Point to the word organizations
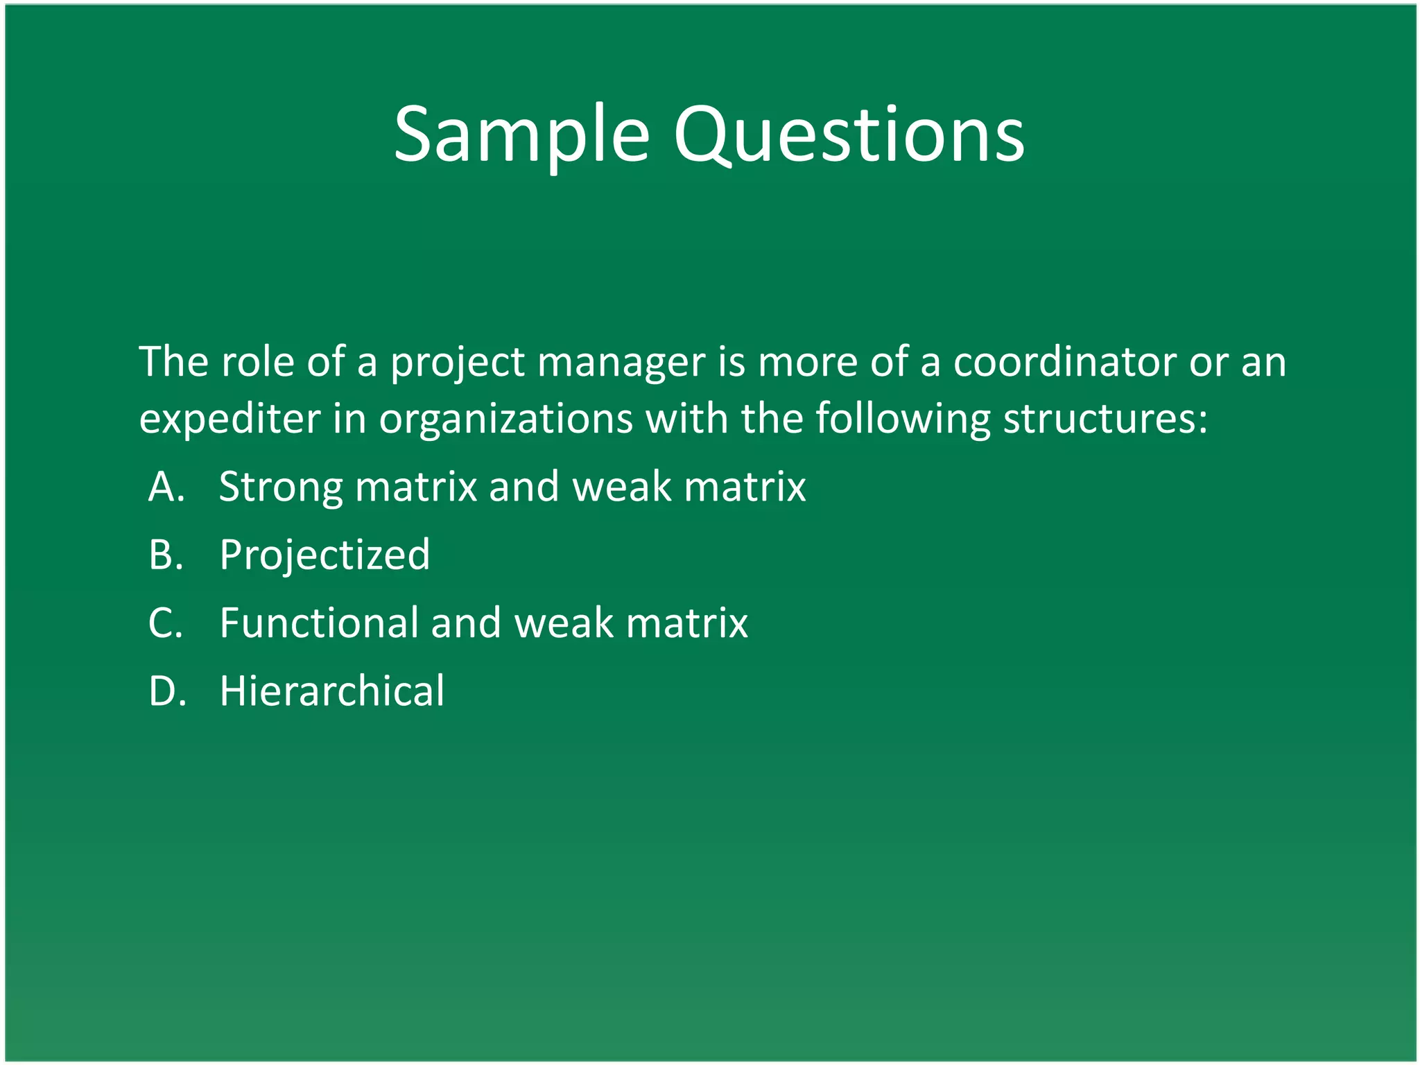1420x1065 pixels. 505,419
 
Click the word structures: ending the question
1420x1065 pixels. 1105,419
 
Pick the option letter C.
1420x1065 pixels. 165,623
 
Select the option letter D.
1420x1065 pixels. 167,691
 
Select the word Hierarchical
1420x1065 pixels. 331,691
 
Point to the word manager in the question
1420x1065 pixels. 621,363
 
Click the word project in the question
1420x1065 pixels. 458,363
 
